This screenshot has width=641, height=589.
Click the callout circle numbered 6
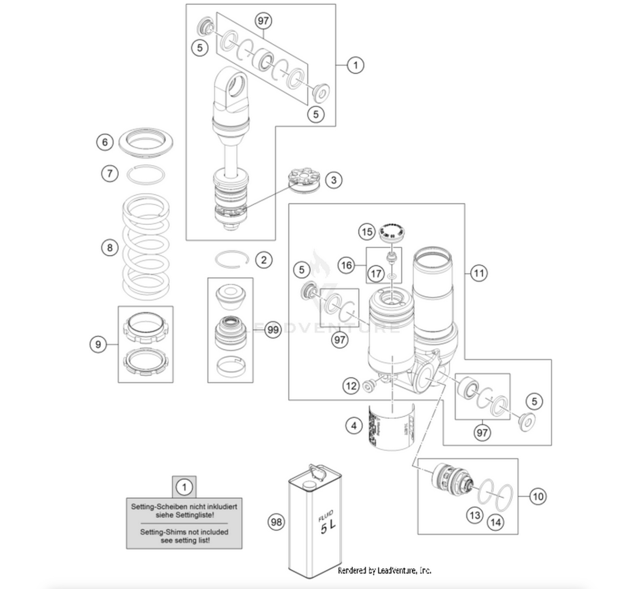click(104, 142)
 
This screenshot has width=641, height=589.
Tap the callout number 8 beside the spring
click(110, 248)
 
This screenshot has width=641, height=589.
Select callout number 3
click(333, 180)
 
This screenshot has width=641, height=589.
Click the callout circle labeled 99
click(273, 330)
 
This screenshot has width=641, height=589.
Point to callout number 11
click(479, 273)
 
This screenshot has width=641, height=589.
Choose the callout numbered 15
click(367, 232)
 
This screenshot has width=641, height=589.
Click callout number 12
click(351, 386)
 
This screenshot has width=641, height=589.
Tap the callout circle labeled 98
click(276, 522)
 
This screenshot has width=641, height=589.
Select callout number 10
click(538, 496)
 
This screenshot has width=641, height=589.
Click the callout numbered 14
click(495, 522)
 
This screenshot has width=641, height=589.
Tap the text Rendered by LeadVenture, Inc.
click(384, 570)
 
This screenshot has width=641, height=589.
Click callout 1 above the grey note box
click(184, 487)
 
